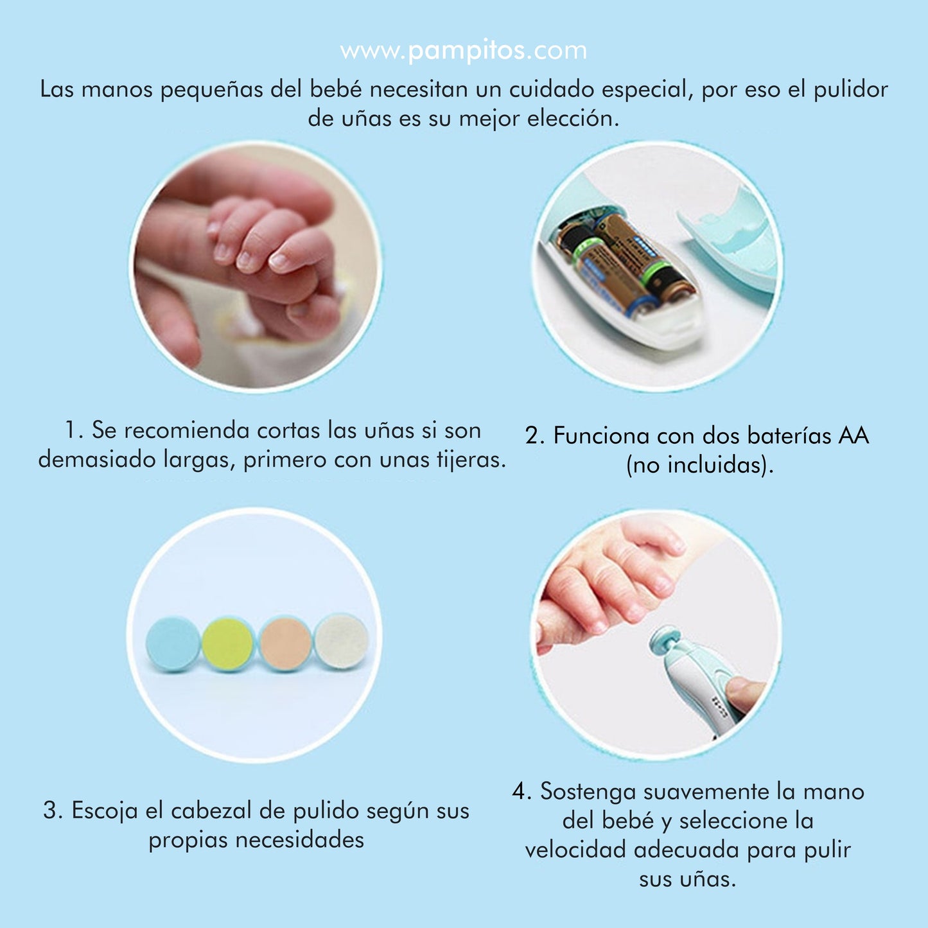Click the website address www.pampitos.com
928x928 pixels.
(463, 51)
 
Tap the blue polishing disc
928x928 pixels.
(173, 643)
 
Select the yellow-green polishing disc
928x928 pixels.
(228, 644)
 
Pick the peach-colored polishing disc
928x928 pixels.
(285, 643)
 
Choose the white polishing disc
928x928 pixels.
(342, 641)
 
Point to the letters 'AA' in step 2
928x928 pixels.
(854, 436)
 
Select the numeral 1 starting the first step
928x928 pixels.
(71, 430)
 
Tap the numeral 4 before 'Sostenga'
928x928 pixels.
(518, 791)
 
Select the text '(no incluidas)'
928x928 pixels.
(700, 465)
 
